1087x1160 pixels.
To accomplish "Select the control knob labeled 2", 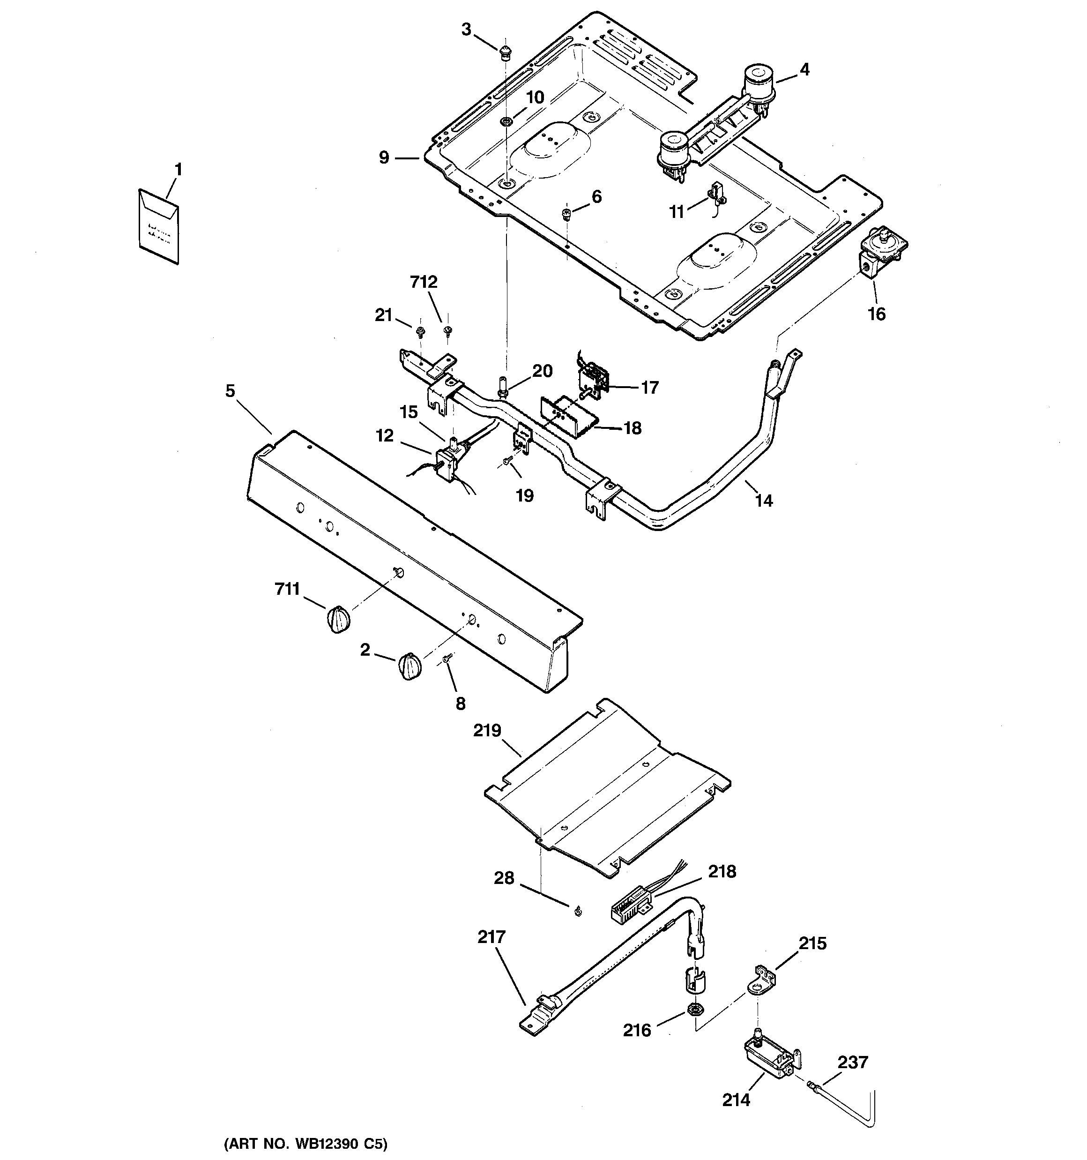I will pos(409,666).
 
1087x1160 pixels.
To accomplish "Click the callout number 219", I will pos(487,731).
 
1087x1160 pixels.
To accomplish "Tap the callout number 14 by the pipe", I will pos(764,500).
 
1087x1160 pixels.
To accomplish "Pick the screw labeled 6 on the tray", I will pos(566,214).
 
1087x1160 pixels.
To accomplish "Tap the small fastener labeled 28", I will pos(577,912).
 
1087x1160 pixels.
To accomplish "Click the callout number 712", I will pos(424,282).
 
